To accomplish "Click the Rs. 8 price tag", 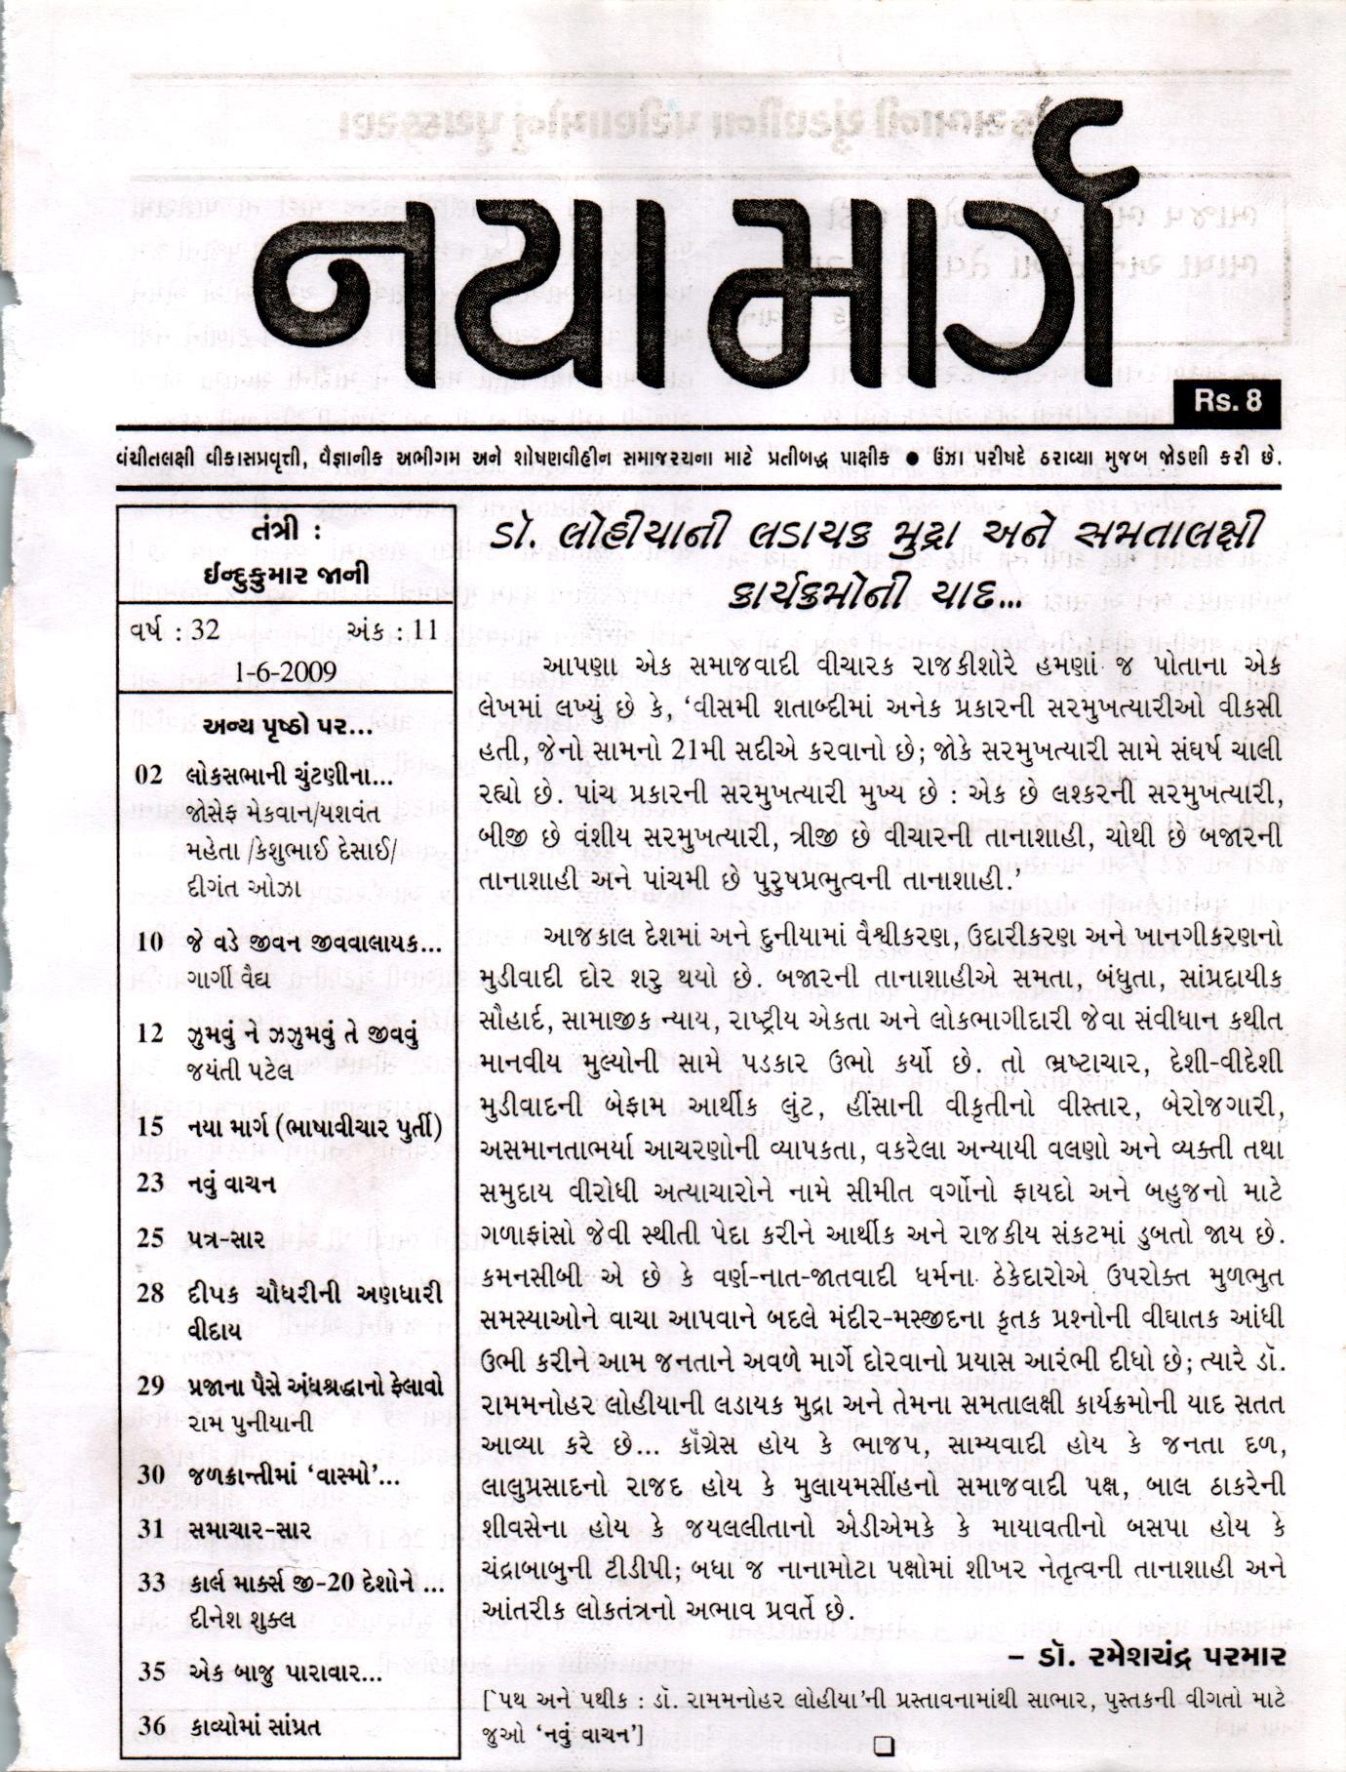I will [1225, 401].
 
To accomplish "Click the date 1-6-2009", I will [286, 671].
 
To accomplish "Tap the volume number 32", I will [205, 629].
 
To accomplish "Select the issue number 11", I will [424, 629].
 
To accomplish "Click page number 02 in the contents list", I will [150, 776].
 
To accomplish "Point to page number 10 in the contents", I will [150, 943].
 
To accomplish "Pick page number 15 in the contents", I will [150, 1127].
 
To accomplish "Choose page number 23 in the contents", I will [150, 1183].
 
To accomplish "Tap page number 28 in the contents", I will [150, 1295].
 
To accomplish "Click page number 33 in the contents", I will [150, 1582].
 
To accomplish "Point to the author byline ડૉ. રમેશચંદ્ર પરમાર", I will [1147, 1656].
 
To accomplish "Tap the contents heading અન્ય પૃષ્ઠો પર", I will [288, 727].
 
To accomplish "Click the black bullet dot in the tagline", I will [910, 457].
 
